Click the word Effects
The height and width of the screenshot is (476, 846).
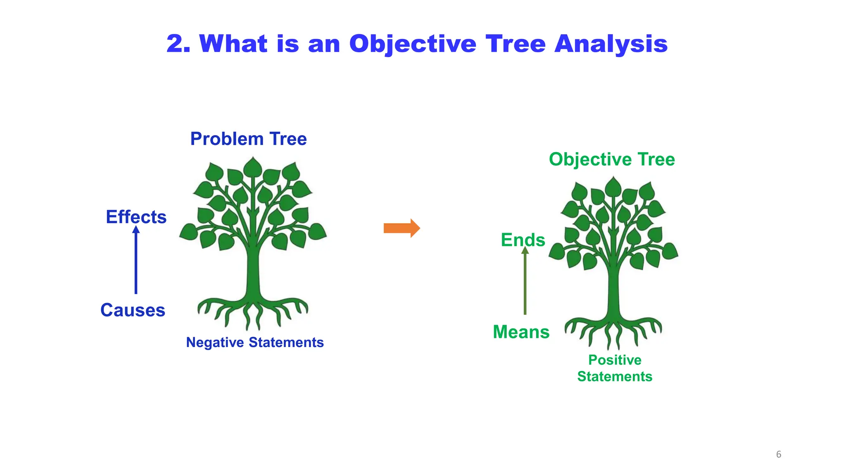click(136, 217)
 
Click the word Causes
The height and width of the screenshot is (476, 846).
click(133, 310)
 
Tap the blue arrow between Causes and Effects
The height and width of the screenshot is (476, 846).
click(136, 262)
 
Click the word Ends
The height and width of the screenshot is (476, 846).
click(523, 240)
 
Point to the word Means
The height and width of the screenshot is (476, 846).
click(521, 332)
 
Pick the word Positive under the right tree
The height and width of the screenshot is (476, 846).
click(615, 360)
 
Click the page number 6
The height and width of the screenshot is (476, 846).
click(779, 455)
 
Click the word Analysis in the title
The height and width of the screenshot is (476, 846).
click(611, 44)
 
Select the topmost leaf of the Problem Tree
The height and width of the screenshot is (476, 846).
click(252, 167)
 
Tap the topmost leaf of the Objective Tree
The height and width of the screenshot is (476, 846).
click(613, 187)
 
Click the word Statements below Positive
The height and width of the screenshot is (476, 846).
click(615, 377)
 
